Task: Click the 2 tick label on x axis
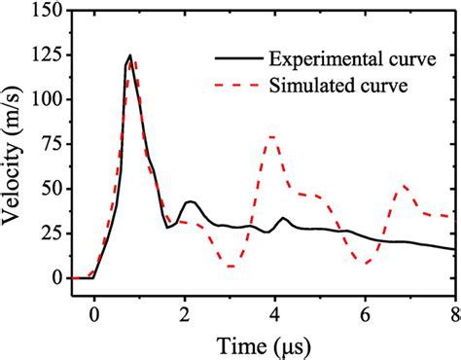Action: coord(183,312)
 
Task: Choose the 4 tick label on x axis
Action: coord(273,312)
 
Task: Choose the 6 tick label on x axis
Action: coord(364,312)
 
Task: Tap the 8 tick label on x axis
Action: coord(453,312)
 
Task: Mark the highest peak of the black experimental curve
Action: coord(129,55)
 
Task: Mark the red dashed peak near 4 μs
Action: coord(272,136)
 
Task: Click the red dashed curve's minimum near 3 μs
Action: coord(230,266)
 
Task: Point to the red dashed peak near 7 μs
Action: coord(405,185)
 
